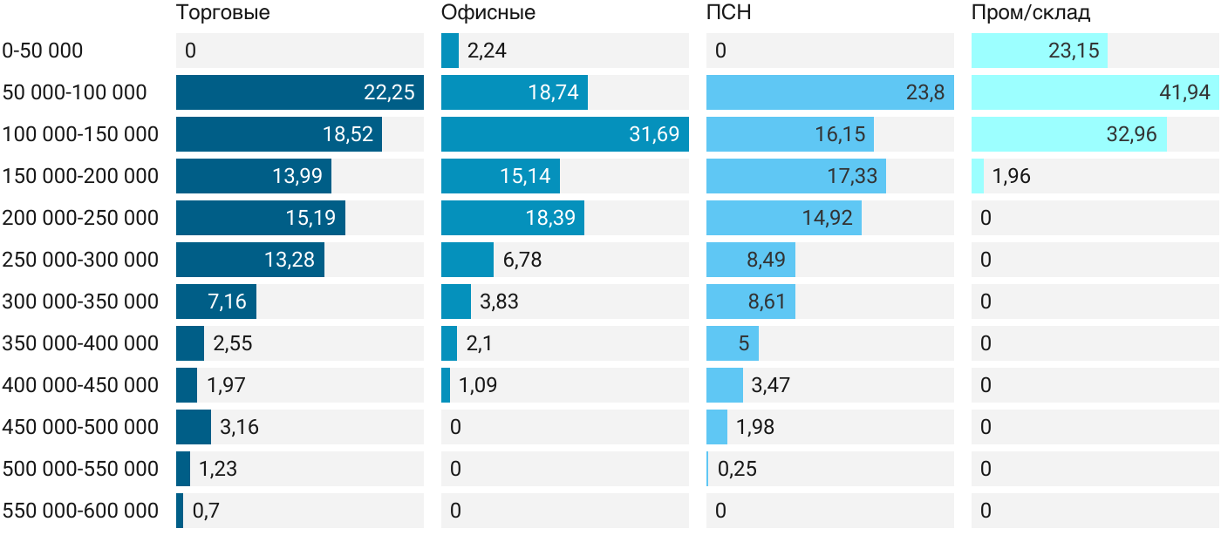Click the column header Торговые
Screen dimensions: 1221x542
(x=223, y=12)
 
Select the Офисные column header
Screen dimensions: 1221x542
(x=488, y=12)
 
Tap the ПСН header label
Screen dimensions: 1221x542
(x=729, y=12)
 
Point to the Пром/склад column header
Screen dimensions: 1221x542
(x=1031, y=12)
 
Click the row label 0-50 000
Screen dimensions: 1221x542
(x=43, y=51)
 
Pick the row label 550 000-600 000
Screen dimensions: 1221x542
(x=80, y=511)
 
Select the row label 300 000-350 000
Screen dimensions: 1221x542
(x=80, y=301)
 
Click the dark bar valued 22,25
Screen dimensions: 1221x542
(x=300, y=92)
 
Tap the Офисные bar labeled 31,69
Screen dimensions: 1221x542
(x=565, y=134)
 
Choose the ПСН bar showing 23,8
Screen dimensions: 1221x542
(x=830, y=92)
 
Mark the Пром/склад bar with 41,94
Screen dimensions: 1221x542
(x=1095, y=92)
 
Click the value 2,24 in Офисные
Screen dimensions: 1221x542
(x=487, y=51)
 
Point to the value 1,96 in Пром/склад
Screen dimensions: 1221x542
(x=1011, y=176)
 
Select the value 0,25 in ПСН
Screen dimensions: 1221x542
(x=737, y=469)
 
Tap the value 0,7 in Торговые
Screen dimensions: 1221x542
(x=206, y=511)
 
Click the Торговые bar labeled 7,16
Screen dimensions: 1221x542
(x=216, y=301)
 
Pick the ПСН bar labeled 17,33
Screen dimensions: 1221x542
(x=795, y=176)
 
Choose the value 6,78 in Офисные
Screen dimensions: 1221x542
(x=522, y=260)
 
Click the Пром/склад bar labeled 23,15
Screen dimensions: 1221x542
(x=1039, y=51)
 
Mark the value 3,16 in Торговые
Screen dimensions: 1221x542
(x=239, y=427)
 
